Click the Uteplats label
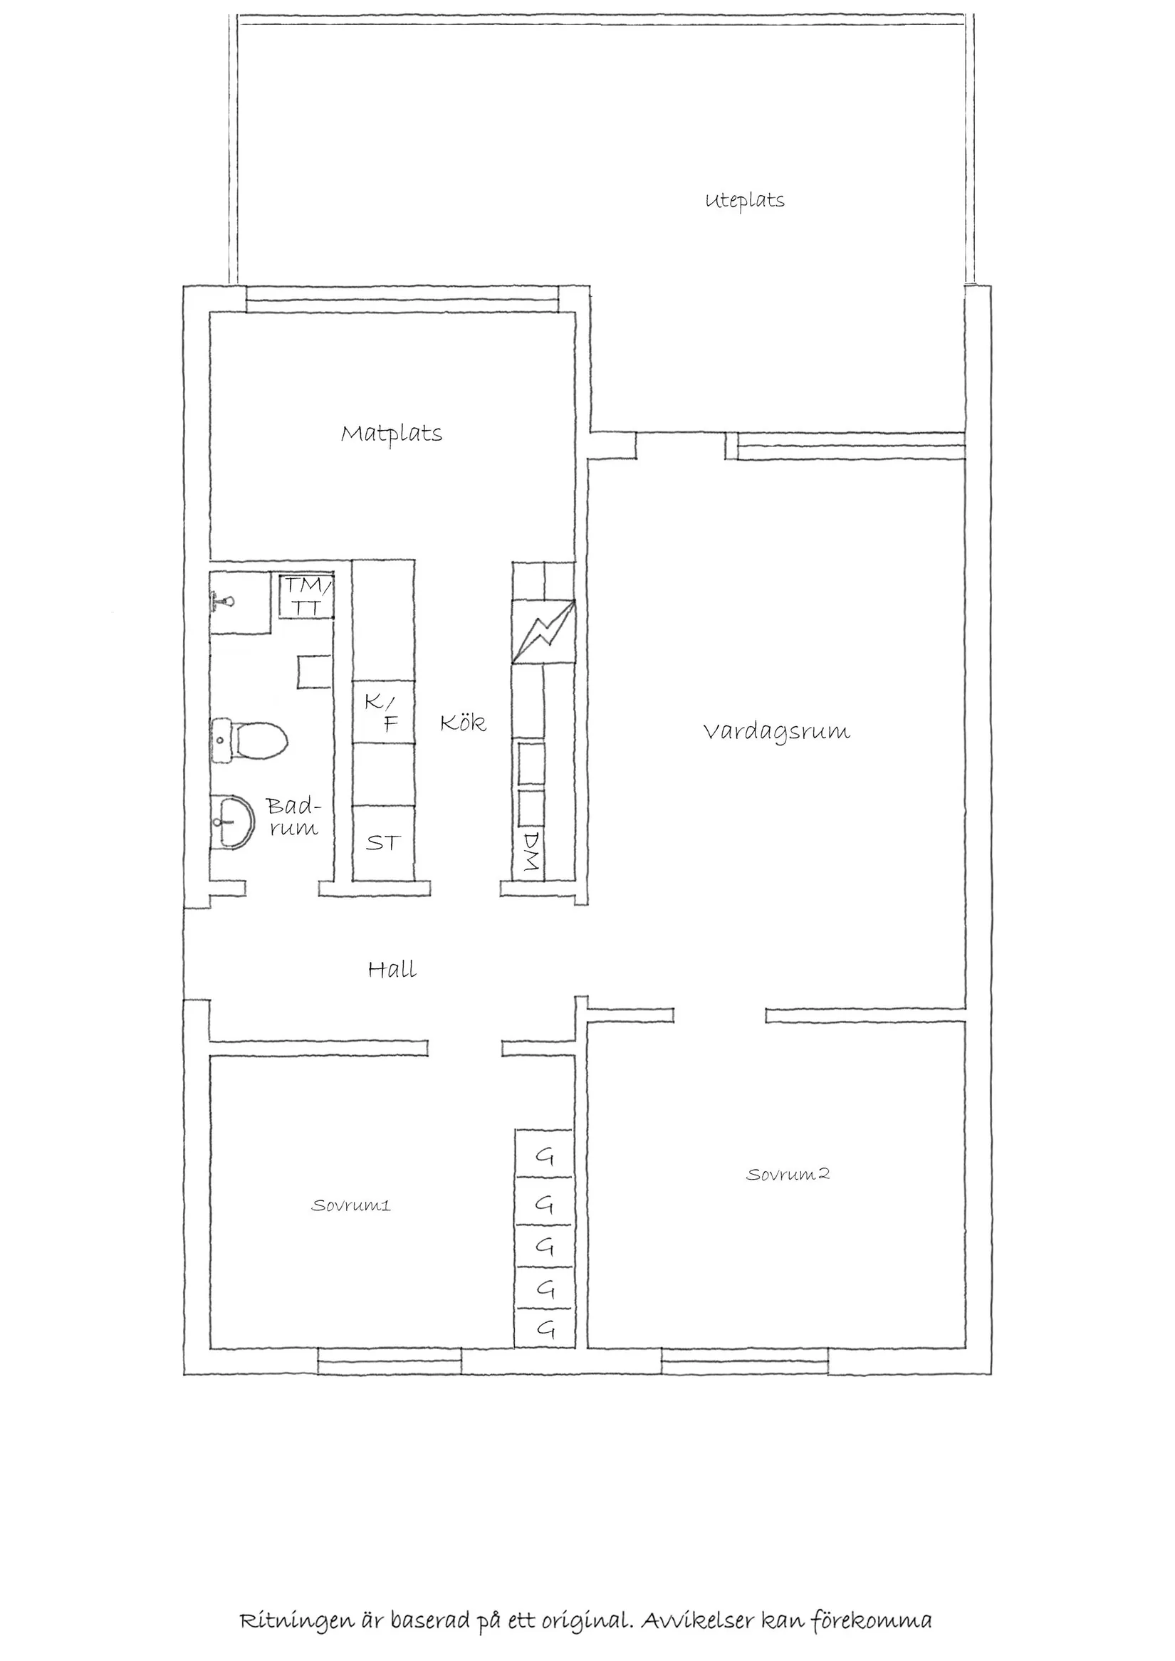click(x=744, y=200)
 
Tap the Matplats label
click(x=392, y=434)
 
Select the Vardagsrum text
click(x=776, y=731)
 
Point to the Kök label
click(x=463, y=723)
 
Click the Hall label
click(x=392, y=970)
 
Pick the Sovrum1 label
click(x=351, y=1205)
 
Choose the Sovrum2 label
click(x=787, y=1174)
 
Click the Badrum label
click(x=292, y=817)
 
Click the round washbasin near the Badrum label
click(x=233, y=822)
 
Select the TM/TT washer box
click(x=308, y=597)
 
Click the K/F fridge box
click(x=382, y=712)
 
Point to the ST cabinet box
click(x=382, y=843)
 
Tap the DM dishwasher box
click(x=532, y=851)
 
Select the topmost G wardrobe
click(x=544, y=1157)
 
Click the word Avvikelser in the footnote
click(x=696, y=1620)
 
